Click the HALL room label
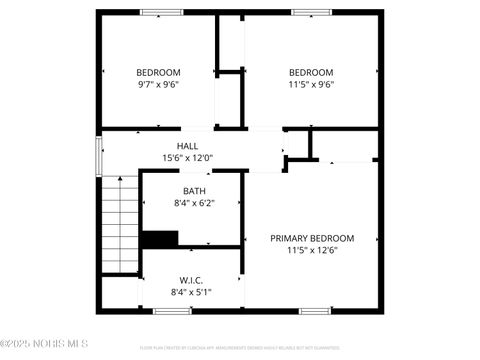coord(188,146)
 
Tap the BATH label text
coord(194,191)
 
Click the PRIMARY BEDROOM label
coord(312,238)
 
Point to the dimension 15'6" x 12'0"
coord(188,158)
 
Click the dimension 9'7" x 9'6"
coord(158,84)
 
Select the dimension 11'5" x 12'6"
coord(312,250)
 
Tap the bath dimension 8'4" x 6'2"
coord(194,203)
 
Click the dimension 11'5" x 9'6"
coord(311,84)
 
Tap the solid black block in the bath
coord(159,238)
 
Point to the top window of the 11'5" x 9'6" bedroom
coord(311,12)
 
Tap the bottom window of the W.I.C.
coord(172,310)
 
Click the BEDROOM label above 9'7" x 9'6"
coord(158,72)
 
